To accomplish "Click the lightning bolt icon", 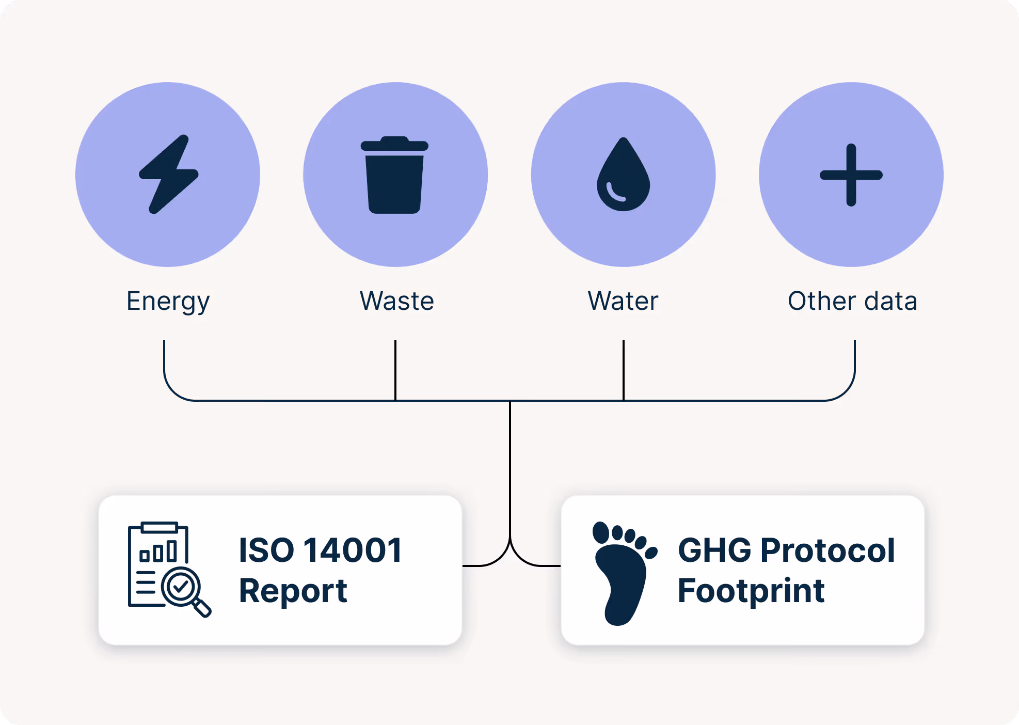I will (168, 175).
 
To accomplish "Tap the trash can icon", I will (394, 176).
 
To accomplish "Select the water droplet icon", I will (623, 176).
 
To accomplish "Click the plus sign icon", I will (851, 175).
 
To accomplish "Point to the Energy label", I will (168, 302).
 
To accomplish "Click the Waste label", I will (396, 301).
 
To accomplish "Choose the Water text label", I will (623, 301).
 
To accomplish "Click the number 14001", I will (353, 550).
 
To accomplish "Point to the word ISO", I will (266, 550).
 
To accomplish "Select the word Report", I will (293, 591).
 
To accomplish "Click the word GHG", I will (714, 550).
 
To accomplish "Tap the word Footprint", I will (751, 591).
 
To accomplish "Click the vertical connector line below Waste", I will (395, 369).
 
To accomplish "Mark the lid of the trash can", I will (394, 144).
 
